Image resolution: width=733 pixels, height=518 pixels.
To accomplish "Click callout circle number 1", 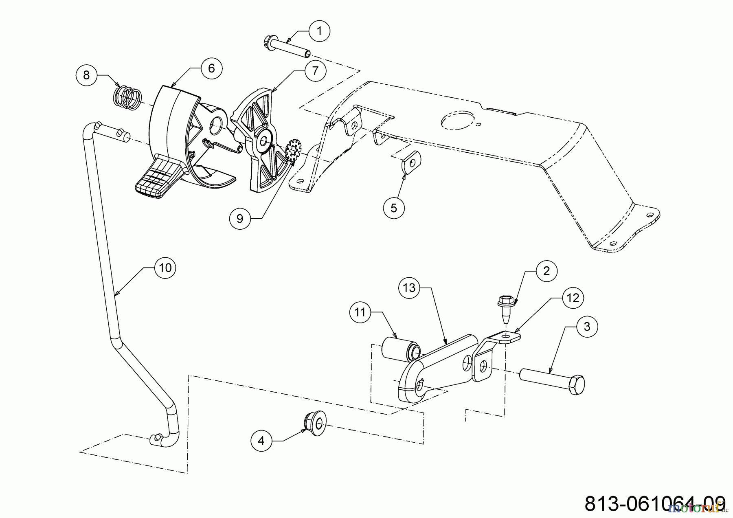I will click(x=319, y=31).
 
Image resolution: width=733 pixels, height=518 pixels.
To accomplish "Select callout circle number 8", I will click(x=86, y=75).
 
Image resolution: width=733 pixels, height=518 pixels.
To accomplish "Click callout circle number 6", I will click(x=211, y=68).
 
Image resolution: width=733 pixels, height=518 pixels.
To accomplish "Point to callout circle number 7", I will click(x=315, y=71).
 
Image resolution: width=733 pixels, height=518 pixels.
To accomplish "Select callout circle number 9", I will click(x=240, y=219).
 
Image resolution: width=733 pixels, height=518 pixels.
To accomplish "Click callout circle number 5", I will click(x=393, y=208).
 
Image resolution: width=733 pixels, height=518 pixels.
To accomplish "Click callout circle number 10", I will click(x=165, y=268).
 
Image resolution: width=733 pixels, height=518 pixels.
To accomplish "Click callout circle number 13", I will click(x=409, y=288).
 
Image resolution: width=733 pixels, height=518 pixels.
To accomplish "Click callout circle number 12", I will click(x=573, y=298).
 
